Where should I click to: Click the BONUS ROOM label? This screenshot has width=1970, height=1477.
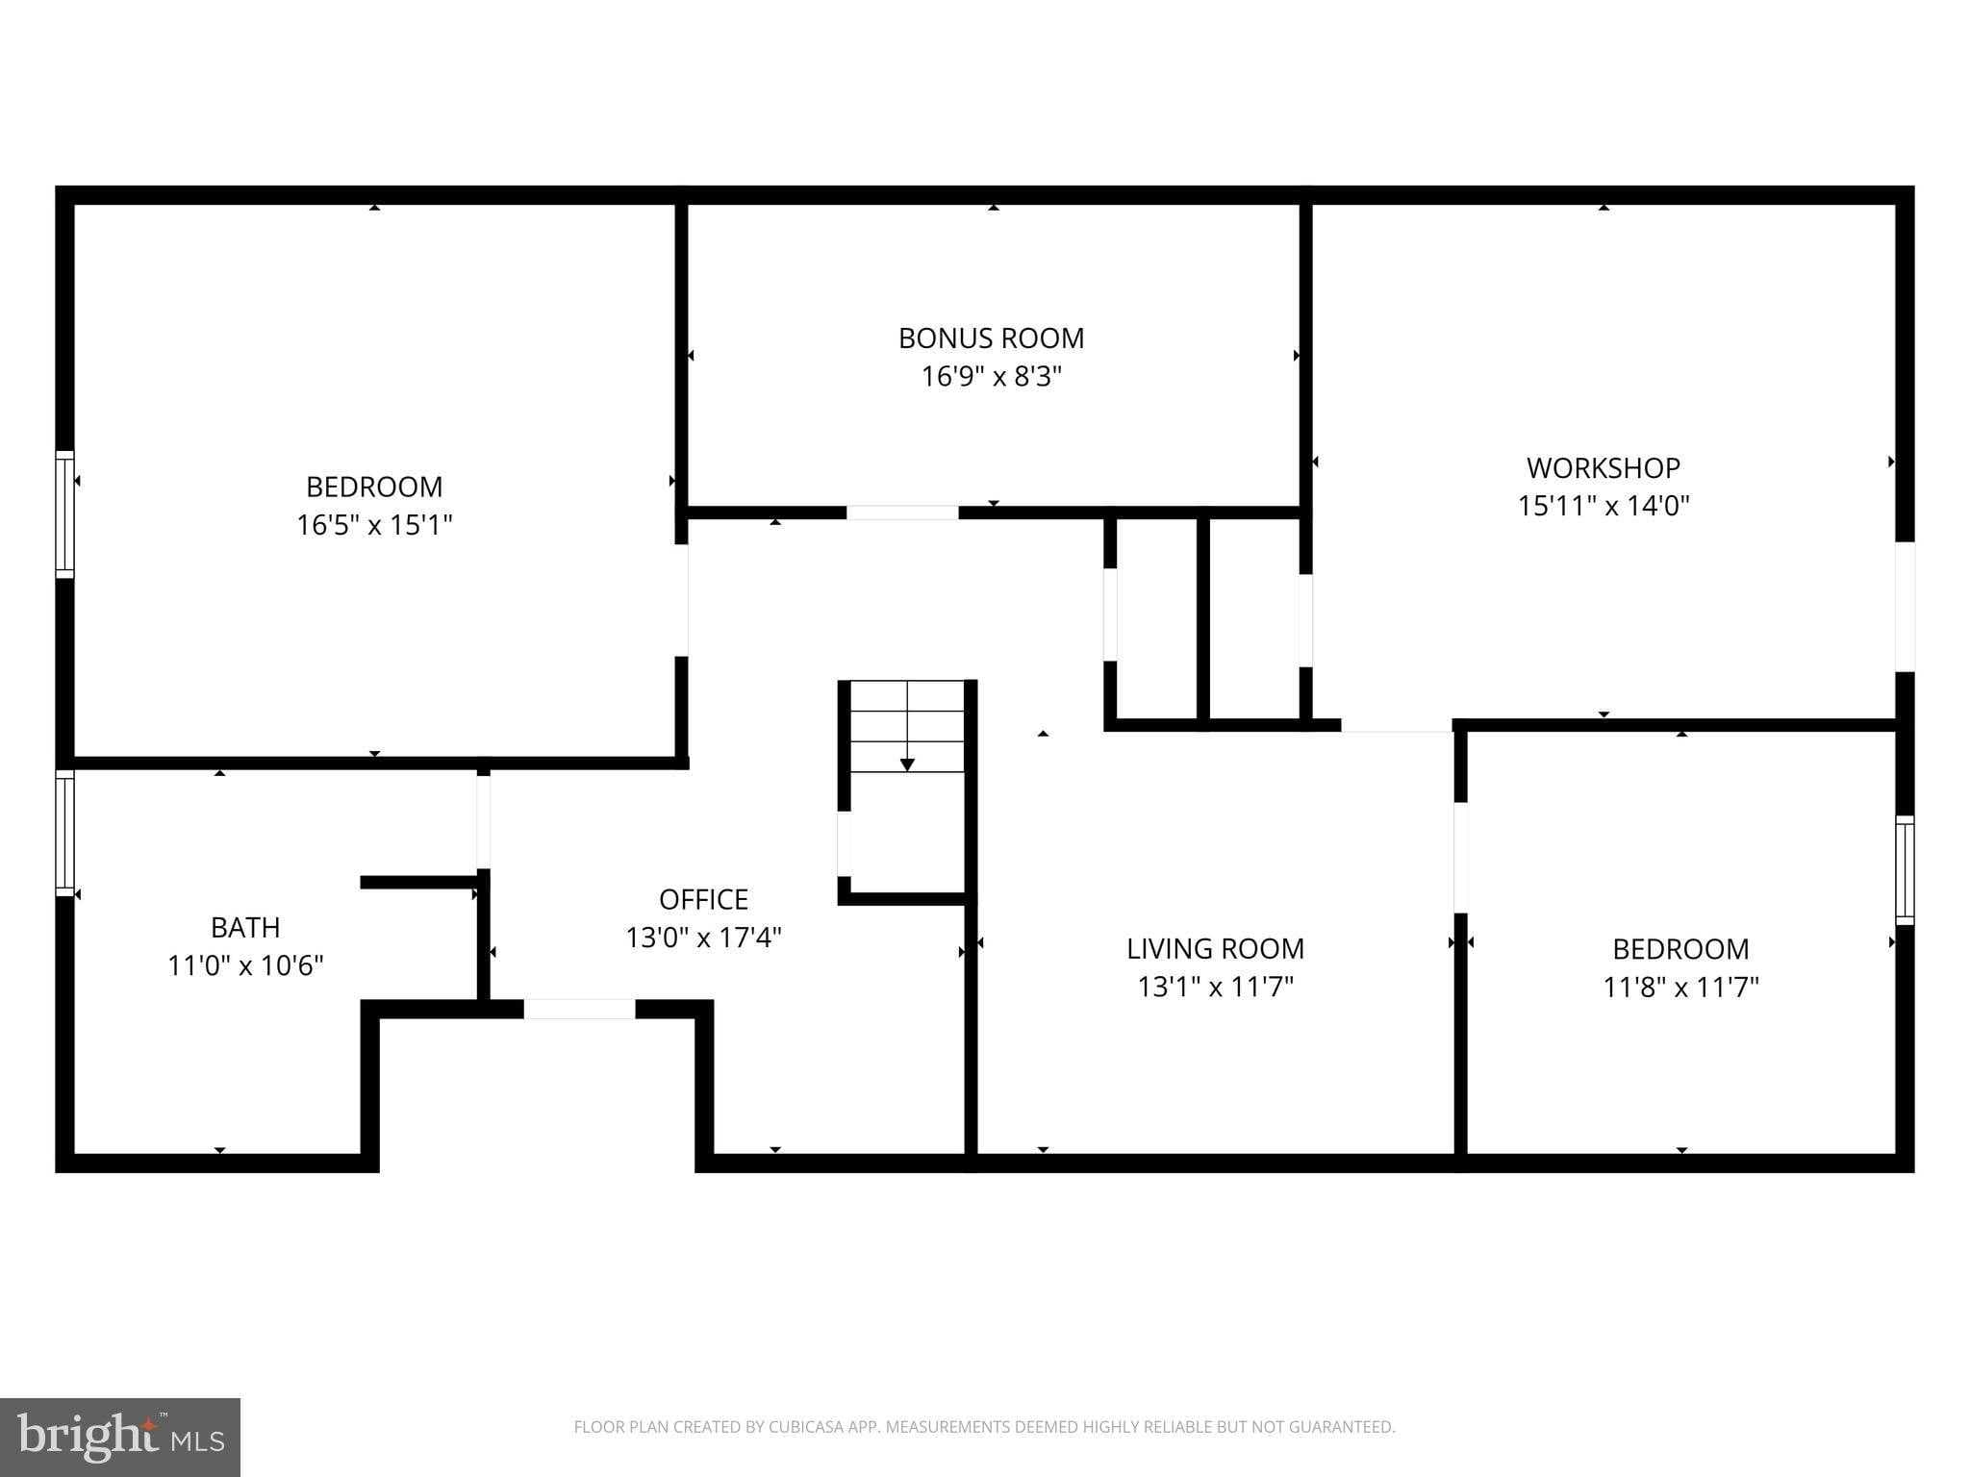tap(991, 338)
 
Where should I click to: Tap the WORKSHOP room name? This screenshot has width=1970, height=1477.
tap(1603, 468)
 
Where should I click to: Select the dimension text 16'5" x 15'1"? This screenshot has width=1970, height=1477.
tap(374, 525)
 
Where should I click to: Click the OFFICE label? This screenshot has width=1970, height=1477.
tap(703, 899)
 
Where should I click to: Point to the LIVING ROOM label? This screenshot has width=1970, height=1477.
tap(1215, 949)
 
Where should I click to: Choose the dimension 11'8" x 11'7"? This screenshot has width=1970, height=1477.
tap(1680, 988)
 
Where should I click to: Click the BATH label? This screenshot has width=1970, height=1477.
tap(245, 927)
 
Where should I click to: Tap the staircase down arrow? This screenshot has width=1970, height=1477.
tap(906, 764)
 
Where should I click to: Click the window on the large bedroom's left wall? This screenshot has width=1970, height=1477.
tap(64, 514)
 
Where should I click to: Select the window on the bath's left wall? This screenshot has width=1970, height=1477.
tap(64, 833)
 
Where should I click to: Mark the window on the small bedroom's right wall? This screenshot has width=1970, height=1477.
tap(1904, 870)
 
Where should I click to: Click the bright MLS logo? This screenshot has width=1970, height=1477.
tap(119, 1437)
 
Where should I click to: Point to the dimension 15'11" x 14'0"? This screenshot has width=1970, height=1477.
tap(1603, 506)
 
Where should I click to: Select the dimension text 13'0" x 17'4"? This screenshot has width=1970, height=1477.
tap(703, 938)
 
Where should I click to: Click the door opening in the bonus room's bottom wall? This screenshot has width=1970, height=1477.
tap(902, 513)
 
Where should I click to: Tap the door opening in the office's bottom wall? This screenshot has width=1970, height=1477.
tap(579, 1009)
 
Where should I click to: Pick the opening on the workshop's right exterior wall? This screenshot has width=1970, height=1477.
tap(1904, 606)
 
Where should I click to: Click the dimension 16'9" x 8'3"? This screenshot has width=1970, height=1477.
tap(991, 376)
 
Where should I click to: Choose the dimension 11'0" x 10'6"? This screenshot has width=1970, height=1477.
tap(245, 965)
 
